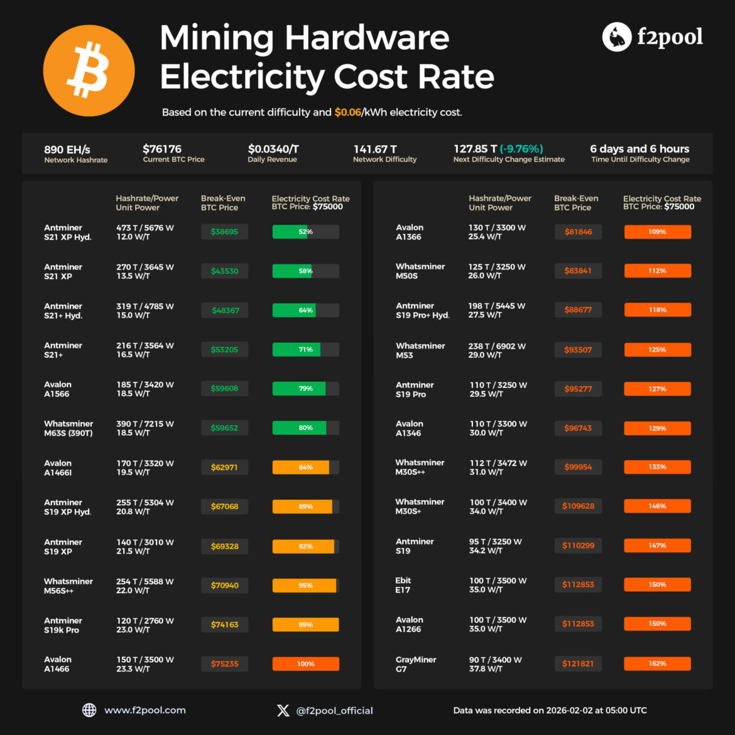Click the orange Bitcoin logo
pos(89,70)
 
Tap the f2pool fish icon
pos(616,37)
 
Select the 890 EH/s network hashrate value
pos(67,150)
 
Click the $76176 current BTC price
pos(162,149)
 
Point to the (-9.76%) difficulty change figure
pos(521,149)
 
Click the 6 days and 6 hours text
pos(640,149)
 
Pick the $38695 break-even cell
pos(224,232)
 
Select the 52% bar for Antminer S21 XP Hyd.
pos(305,232)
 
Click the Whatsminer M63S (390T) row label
pos(68,428)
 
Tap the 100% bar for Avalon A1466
pos(305,664)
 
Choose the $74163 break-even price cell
pos(224,624)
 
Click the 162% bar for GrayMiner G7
pos(657,663)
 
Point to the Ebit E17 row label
pos(403,585)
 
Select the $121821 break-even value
pos(578,663)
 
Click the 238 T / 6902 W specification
pos(497,346)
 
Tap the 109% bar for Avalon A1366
pos(657,232)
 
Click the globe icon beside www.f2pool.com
pos(89,710)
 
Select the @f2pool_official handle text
pos(334,710)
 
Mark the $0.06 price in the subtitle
pos(347,112)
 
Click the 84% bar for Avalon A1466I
pos(305,467)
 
